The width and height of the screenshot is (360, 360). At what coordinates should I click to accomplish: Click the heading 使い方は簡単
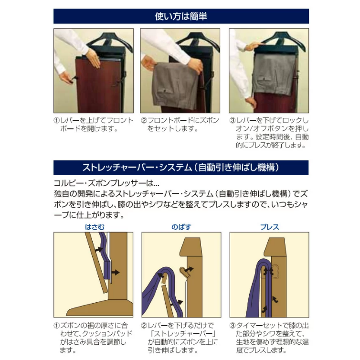point(181,16)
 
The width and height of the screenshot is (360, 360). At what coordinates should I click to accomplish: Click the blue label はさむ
point(95,227)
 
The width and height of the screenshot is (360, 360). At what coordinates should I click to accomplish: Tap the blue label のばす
point(181,227)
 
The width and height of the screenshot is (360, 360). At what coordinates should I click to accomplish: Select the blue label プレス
point(270,227)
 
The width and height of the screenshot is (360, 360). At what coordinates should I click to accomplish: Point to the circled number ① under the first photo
point(56,120)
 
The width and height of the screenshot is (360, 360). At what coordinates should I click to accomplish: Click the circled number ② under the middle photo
point(144,120)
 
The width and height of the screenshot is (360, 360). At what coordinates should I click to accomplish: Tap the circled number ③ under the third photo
point(233,120)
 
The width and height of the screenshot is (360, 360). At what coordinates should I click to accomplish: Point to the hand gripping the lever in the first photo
point(66,78)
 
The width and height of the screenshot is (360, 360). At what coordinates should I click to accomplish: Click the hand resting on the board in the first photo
point(94,59)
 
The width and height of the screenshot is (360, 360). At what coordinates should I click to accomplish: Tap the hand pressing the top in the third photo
point(254,46)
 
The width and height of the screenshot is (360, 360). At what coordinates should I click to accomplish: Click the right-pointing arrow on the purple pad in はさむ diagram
point(116,273)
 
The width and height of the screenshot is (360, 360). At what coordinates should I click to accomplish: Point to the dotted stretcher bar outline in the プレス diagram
point(275,271)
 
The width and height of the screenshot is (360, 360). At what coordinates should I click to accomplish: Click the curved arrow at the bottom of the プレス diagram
point(265,309)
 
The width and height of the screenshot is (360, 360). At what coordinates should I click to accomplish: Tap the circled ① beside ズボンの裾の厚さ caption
point(56,325)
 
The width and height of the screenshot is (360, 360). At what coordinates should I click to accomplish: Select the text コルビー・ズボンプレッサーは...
point(103,183)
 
